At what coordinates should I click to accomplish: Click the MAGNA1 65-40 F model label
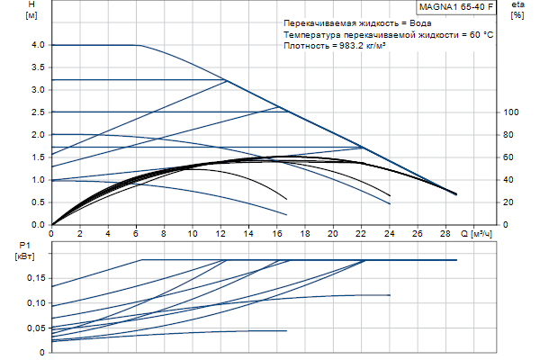pyautogui.click(x=456, y=6)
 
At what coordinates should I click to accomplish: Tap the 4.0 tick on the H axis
pyautogui.click(x=37, y=45)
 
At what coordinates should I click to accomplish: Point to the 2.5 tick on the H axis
pyautogui.click(x=37, y=112)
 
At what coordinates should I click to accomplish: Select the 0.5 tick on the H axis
pyautogui.click(x=37, y=202)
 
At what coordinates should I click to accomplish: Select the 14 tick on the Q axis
pyautogui.click(x=248, y=234)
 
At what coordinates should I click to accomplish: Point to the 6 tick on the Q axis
pyautogui.click(x=136, y=234)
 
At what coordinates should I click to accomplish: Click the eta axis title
pyautogui.click(x=517, y=6)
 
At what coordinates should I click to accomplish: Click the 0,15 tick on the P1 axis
pyautogui.click(x=34, y=278)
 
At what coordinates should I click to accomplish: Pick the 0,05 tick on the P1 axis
pyautogui.click(x=34, y=328)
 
